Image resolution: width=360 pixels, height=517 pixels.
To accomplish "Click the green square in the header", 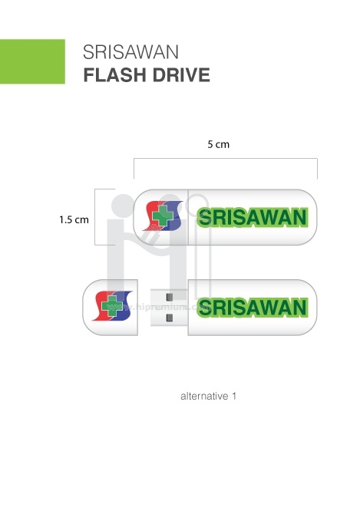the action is click(x=32, y=61).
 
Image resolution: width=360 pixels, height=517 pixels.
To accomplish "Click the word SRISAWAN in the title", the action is click(x=130, y=52).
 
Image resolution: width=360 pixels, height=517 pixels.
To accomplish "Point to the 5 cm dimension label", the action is click(x=219, y=144).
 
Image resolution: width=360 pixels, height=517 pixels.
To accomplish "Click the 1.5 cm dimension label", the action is click(x=74, y=219).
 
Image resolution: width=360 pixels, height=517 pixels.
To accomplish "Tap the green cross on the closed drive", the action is click(x=163, y=216).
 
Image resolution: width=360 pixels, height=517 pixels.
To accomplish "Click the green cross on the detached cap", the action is click(x=112, y=305).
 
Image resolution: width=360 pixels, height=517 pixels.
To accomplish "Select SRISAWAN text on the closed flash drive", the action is click(x=253, y=217).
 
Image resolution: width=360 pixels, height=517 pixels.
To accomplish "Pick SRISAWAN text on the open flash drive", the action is click(x=253, y=308).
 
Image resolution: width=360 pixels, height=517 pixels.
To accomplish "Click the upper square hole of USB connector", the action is click(x=170, y=297).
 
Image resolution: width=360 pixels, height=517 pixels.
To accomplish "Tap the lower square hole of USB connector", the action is click(x=170, y=318).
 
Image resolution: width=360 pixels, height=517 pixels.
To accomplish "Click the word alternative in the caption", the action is click(x=204, y=396).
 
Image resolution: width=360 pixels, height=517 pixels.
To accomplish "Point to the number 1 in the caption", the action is click(x=234, y=396).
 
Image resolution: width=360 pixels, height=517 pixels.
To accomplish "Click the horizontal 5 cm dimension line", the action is click(x=226, y=159).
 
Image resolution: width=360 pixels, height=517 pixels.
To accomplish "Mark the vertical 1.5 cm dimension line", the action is click(x=95, y=217).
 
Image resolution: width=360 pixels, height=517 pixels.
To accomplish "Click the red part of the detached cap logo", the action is click(x=99, y=305).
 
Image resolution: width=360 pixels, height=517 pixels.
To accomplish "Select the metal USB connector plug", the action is click(x=169, y=308).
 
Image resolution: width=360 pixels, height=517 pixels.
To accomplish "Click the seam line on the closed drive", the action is click(x=188, y=217).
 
